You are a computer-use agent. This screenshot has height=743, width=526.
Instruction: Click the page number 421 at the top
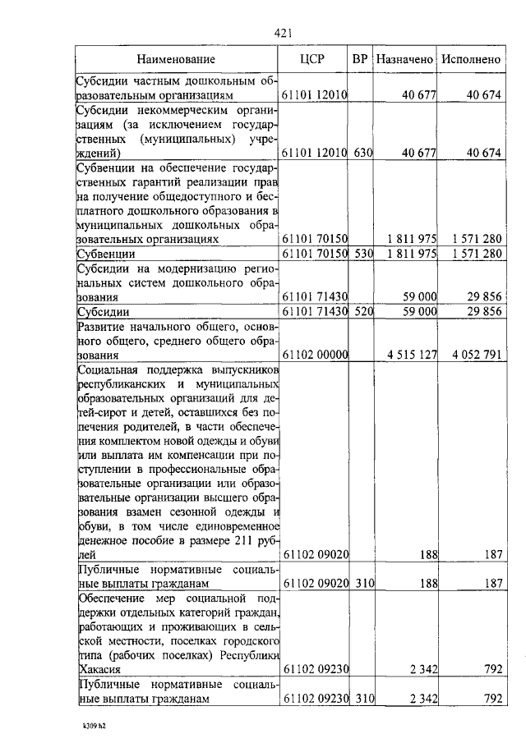click(x=284, y=34)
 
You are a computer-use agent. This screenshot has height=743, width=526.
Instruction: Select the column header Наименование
click(x=177, y=59)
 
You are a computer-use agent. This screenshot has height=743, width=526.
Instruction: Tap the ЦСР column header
click(x=315, y=59)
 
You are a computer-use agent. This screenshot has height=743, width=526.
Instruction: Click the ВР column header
click(x=360, y=59)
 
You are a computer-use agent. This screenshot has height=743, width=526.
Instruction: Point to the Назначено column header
click(x=404, y=59)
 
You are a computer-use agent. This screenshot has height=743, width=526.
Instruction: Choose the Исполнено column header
click(x=471, y=59)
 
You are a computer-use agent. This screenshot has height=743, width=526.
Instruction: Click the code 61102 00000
click(x=316, y=355)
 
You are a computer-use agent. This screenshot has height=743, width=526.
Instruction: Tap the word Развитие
click(x=101, y=327)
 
